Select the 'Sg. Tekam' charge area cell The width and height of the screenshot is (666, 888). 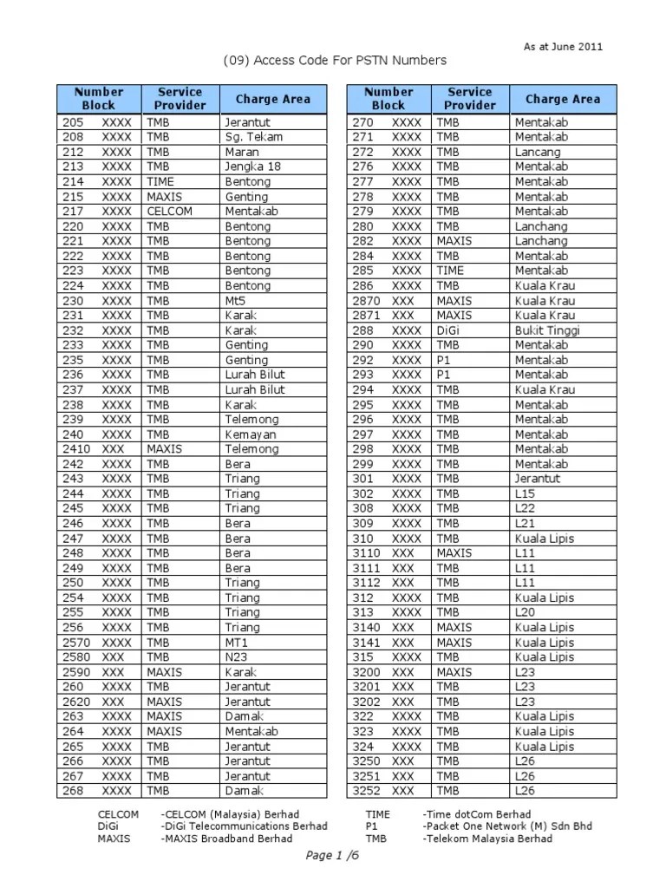tap(253, 137)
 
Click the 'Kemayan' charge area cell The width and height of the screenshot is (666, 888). tap(251, 434)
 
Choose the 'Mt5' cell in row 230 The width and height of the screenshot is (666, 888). tap(236, 301)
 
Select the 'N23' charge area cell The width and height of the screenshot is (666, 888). tap(236, 657)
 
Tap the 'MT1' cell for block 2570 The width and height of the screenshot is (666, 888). tap(236, 643)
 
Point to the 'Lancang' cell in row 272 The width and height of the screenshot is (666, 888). tap(537, 152)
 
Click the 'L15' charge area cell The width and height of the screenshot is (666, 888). tap(526, 493)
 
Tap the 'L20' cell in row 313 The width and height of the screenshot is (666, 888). tap(526, 612)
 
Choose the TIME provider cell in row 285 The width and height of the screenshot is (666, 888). tap(450, 271)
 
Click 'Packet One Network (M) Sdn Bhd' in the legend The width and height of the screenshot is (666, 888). tap(507, 826)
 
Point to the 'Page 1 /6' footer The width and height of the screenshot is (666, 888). tap(332, 856)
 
